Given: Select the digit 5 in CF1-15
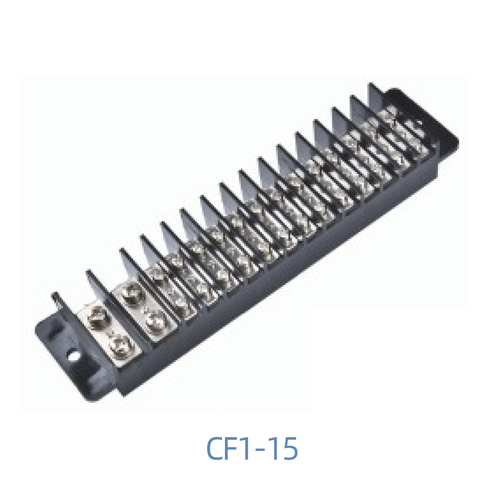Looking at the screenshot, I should point(289,449).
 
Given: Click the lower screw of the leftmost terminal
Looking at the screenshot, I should point(119,346).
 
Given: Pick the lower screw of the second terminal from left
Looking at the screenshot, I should point(156,321).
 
